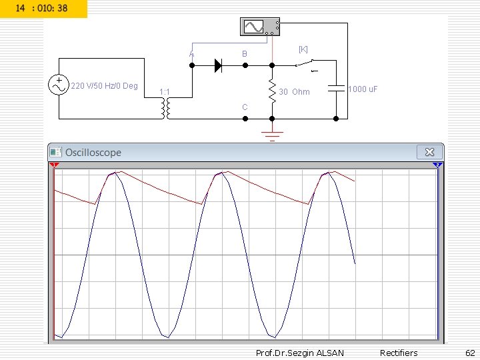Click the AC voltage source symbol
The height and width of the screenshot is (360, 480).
(59, 85)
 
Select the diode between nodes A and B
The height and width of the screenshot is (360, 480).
(218, 65)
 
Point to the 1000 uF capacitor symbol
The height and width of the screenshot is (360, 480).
(336, 88)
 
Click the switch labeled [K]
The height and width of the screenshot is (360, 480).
(307, 65)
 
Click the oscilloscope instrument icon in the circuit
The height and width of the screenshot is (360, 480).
(260, 27)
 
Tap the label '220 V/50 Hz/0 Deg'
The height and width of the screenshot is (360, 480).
(104, 86)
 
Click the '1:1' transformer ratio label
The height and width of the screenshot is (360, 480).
(164, 91)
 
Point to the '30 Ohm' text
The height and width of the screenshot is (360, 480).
(294, 92)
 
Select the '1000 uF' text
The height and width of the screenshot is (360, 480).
(363, 89)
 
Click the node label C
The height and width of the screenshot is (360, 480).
(245, 107)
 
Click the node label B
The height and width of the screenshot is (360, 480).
(245, 53)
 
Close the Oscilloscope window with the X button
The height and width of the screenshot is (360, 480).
(429, 152)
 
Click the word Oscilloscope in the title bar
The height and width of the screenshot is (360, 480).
(93, 153)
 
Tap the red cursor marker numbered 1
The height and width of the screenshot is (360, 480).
(55, 165)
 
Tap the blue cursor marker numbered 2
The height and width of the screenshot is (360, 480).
(437, 165)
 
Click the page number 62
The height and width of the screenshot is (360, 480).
(469, 353)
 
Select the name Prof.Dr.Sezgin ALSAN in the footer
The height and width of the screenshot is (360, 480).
(291, 353)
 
